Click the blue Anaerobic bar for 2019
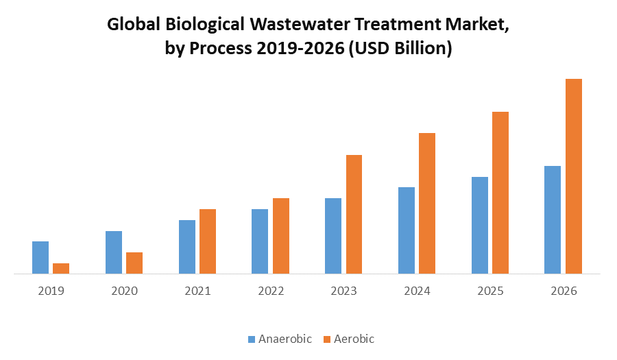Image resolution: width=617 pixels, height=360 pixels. [40, 258]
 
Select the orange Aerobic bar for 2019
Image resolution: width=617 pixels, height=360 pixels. [61, 269]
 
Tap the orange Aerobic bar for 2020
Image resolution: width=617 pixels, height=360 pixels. [134, 263]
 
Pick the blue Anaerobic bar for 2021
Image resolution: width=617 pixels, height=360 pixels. [187, 247]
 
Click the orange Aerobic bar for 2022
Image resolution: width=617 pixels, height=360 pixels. [281, 236]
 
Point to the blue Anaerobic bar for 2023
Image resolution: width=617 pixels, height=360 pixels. [333, 236]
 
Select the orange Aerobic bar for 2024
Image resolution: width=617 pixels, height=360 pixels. [427, 203]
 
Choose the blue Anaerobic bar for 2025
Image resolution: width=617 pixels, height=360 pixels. [480, 226]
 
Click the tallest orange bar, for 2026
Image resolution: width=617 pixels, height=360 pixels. [573, 176]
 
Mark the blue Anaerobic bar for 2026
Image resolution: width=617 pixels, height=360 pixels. [553, 220]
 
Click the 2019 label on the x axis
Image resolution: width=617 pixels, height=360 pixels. [51, 291]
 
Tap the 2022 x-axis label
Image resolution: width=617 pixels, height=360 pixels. [271, 291]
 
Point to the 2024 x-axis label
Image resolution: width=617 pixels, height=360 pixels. [417, 291]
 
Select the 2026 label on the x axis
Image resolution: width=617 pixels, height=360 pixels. [564, 291]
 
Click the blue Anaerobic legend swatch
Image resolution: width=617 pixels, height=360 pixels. [252, 339]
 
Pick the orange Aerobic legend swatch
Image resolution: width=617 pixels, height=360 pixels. [327, 339]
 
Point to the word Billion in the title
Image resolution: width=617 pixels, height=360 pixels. [419, 50]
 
